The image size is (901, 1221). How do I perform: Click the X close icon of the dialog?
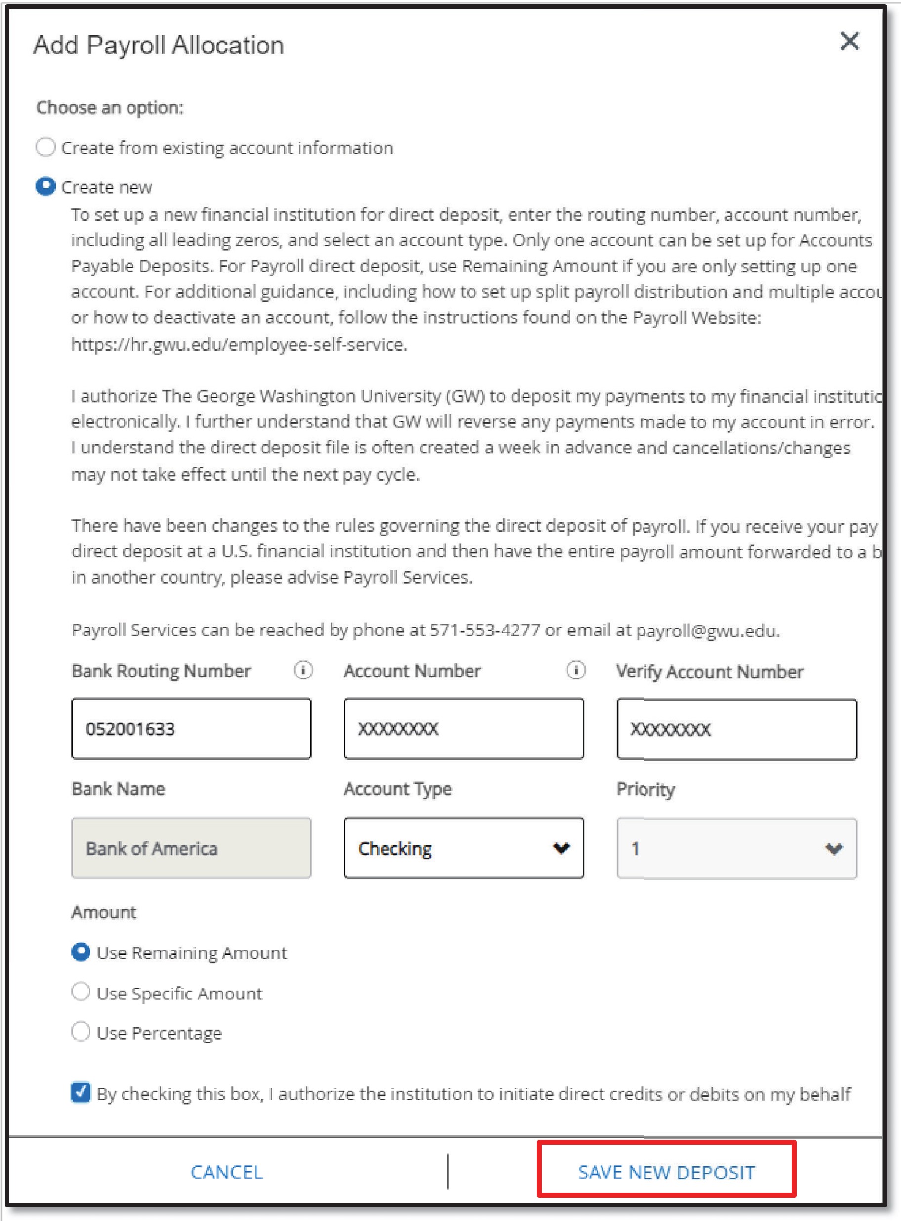point(849,41)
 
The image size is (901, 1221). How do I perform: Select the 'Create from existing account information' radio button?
point(46,147)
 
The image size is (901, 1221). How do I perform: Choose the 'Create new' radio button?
point(46,186)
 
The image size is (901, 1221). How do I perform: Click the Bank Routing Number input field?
point(191,728)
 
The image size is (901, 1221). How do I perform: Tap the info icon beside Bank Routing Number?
point(303,670)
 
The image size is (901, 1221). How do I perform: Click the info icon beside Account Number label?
point(575,670)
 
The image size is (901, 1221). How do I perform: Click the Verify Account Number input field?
point(736,729)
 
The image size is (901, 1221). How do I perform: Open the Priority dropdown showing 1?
point(736,849)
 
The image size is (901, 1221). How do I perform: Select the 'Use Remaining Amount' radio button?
point(81,952)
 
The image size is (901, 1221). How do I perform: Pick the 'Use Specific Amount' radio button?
point(81,992)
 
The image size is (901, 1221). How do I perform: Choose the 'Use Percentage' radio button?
point(81,1032)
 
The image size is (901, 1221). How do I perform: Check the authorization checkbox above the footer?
point(81,1093)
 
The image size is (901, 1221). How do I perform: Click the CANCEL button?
point(227,1172)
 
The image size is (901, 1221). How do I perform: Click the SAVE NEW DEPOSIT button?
point(666,1172)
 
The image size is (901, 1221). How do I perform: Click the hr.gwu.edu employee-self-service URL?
point(239,344)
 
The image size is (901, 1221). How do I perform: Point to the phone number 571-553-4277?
point(485,630)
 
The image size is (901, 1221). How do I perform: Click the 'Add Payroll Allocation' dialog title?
point(159,45)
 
